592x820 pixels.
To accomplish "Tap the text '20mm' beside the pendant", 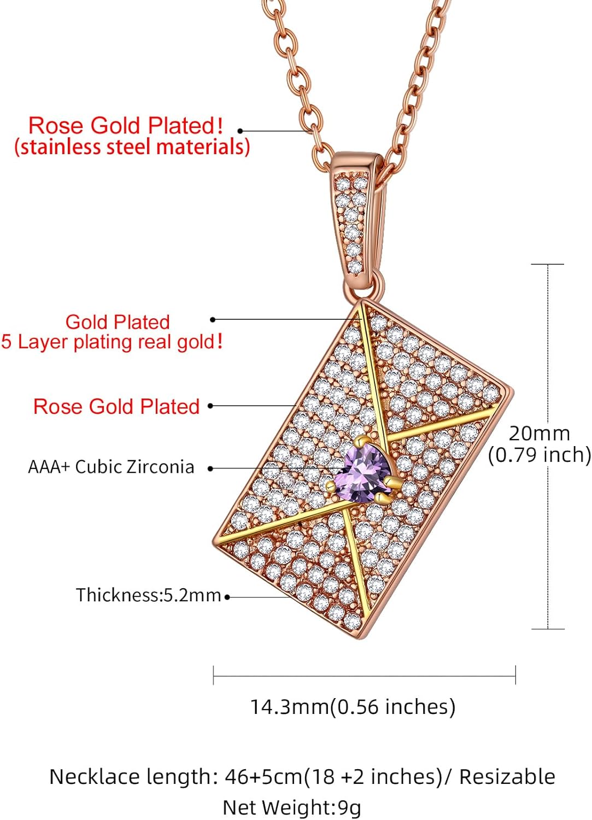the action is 539,434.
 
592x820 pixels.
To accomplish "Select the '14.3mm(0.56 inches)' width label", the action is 353,707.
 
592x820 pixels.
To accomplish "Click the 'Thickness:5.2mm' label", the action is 148,595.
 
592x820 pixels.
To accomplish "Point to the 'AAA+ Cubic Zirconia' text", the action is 111,467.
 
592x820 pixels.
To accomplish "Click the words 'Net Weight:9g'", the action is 292,807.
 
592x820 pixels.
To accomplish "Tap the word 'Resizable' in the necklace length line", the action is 507,776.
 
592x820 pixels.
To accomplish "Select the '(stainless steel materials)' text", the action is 132,147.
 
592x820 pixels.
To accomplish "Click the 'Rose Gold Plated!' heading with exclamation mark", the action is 125,125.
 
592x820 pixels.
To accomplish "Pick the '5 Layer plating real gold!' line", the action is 112,342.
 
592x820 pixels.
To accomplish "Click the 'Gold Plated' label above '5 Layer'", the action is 118,321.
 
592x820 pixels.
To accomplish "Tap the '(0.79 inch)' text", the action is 539,455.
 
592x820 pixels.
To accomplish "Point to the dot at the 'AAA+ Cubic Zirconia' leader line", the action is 210,468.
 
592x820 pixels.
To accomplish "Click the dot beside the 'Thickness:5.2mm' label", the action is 227,597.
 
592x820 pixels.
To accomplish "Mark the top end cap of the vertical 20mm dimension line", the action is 547,265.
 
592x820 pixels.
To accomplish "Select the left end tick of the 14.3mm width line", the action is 213,676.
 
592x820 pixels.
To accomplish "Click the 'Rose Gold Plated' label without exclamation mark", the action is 116,406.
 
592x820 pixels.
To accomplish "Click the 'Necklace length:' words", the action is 133,776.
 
